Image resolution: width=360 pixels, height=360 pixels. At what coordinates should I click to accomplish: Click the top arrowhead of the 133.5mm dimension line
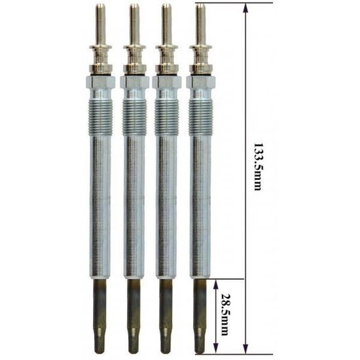[246, 8]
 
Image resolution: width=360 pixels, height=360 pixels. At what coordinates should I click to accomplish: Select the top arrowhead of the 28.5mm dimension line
[215, 283]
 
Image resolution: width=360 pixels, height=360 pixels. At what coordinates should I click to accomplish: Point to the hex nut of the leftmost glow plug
[100, 82]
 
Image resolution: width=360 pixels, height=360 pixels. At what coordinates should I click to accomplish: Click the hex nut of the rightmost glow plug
[200, 82]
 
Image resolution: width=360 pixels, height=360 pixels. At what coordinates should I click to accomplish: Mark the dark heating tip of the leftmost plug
[100, 314]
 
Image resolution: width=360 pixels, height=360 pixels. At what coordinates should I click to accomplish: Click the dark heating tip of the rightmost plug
[200, 314]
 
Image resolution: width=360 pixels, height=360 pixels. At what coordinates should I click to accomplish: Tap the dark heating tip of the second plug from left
[134, 314]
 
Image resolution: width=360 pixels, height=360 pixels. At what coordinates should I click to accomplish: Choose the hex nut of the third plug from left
[167, 82]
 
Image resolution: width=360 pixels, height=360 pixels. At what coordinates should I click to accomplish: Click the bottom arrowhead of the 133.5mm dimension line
[246, 350]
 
